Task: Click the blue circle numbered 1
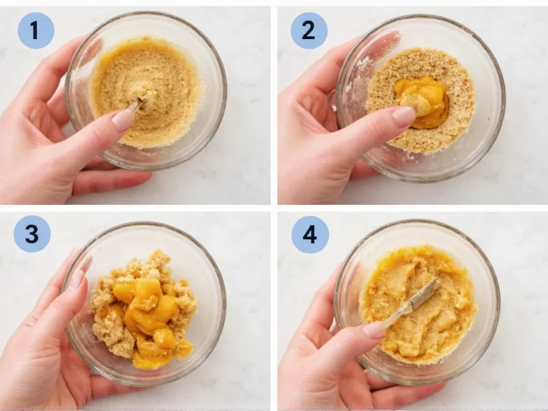36,30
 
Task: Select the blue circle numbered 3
32,234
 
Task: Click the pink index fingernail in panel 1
122,120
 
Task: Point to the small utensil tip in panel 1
138,104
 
